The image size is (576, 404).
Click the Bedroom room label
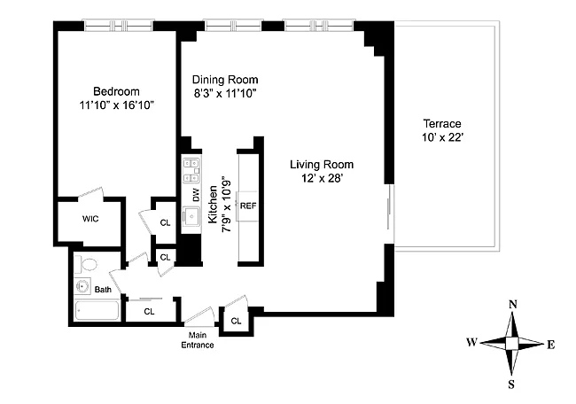116,91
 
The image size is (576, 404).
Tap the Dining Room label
225,80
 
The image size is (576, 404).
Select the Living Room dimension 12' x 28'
322,178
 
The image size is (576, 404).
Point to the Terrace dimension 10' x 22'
442,137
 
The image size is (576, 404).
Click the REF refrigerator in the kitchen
248,206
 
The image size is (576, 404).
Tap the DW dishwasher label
196,195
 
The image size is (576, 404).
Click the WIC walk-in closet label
90,219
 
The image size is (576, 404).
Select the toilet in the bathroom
86,264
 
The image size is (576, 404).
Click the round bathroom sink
82,286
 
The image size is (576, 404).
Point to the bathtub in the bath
97,311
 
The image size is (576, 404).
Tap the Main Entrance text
198,340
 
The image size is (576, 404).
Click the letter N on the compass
513,305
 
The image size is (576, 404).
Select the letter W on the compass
471,342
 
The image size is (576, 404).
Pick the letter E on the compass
550,345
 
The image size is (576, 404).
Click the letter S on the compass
511,385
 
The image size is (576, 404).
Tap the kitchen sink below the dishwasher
191,217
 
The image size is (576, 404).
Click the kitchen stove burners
191,170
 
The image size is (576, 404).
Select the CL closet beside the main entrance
237,321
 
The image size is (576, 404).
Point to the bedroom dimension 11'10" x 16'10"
116,105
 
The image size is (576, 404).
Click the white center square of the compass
511,344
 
